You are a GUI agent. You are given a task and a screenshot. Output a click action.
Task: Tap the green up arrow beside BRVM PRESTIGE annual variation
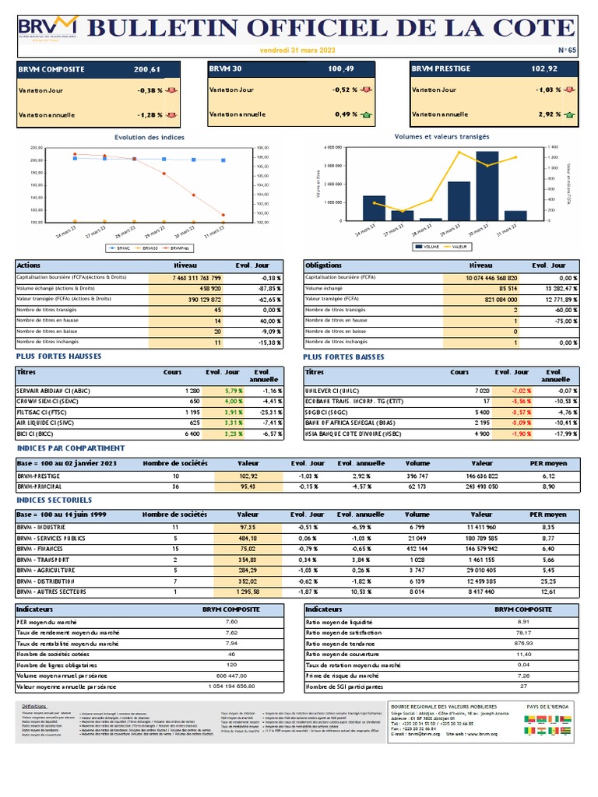pos(570,114)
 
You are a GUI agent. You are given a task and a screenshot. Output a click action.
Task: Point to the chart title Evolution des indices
pos(149,137)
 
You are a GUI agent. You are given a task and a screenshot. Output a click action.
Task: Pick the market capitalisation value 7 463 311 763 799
pos(197,278)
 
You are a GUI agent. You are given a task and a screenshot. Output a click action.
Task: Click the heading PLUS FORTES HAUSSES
pos(59,356)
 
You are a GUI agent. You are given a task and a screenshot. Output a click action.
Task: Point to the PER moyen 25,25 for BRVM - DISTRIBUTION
pos(548,581)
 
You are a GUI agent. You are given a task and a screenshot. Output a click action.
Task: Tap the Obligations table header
pos(324,265)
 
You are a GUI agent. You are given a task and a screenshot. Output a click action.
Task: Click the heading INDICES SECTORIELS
pos(55,500)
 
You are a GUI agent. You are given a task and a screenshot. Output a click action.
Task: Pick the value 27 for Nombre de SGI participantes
pos(523,687)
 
